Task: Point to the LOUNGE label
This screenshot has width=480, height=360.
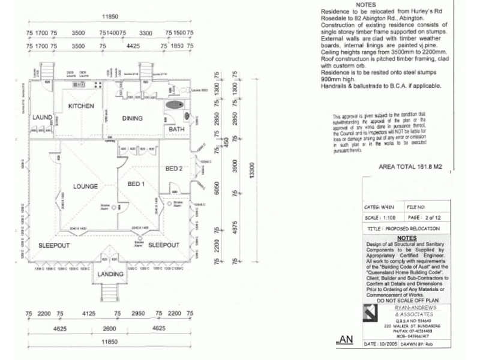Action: tap(85, 187)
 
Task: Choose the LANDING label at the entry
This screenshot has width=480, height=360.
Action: tap(110, 274)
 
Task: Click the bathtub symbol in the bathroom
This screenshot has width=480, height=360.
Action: tap(174, 104)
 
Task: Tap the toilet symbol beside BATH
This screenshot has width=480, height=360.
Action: tap(185, 116)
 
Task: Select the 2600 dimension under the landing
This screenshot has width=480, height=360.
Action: tap(110, 328)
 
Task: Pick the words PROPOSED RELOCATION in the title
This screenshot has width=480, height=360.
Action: tap(419, 229)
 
